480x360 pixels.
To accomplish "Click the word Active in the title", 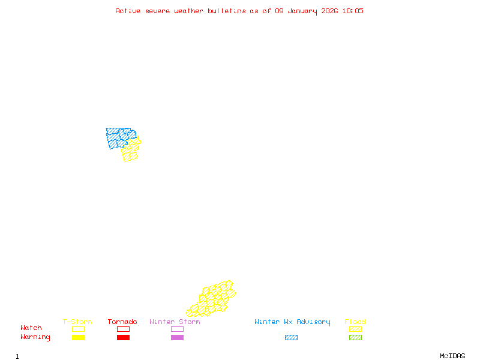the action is point(128,11).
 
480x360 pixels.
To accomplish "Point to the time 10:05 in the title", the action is point(353,11).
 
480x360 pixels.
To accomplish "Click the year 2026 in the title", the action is point(329,11).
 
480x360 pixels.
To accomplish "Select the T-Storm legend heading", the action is point(77,322).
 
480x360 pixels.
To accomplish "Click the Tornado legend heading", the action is point(122,322).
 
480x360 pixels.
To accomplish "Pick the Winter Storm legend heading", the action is point(175,322).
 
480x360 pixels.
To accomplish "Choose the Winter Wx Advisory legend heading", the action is point(292,322).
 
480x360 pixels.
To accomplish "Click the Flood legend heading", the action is point(355,322).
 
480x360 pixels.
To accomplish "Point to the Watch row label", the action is point(31,328).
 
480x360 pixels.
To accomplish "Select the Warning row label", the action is point(35,337).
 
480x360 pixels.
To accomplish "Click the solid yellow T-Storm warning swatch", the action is point(78,338).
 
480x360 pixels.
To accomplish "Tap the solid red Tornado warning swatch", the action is point(123,338).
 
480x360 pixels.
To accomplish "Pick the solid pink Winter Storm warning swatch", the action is point(177,338).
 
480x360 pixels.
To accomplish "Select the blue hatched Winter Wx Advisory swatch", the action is point(291,338).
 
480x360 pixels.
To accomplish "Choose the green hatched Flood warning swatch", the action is point(355,338).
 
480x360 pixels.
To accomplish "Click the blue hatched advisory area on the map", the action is point(118,137).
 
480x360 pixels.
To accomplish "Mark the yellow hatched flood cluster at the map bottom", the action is point(212,299).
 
